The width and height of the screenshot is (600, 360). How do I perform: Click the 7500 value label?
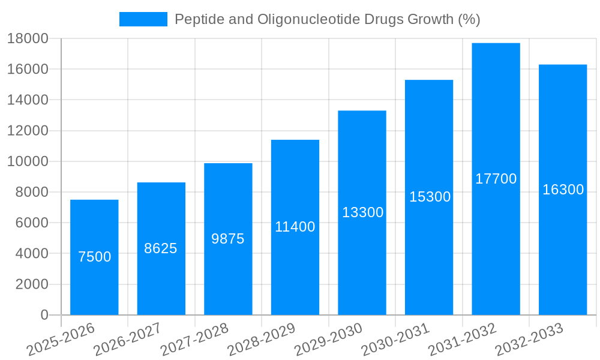(x=95, y=257)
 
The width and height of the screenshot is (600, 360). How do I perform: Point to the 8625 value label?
(x=161, y=248)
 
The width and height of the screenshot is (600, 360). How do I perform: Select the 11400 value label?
(x=295, y=227)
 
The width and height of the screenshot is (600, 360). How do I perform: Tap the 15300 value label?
(x=430, y=197)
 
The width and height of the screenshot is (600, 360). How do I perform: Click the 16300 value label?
(x=563, y=190)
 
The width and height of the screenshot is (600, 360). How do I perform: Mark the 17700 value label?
(x=496, y=179)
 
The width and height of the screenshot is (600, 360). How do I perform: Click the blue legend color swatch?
(x=143, y=19)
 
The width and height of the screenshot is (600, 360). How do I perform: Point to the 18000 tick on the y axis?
(x=27, y=38)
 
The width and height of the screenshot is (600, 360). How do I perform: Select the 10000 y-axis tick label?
(x=27, y=161)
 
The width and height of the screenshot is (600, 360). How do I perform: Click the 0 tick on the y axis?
(x=44, y=315)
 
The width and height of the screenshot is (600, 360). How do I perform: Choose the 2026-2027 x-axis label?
(x=127, y=340)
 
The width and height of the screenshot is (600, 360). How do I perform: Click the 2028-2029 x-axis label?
(x=261, y=340)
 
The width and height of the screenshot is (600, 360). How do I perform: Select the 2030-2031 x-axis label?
(x=395, y=340)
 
